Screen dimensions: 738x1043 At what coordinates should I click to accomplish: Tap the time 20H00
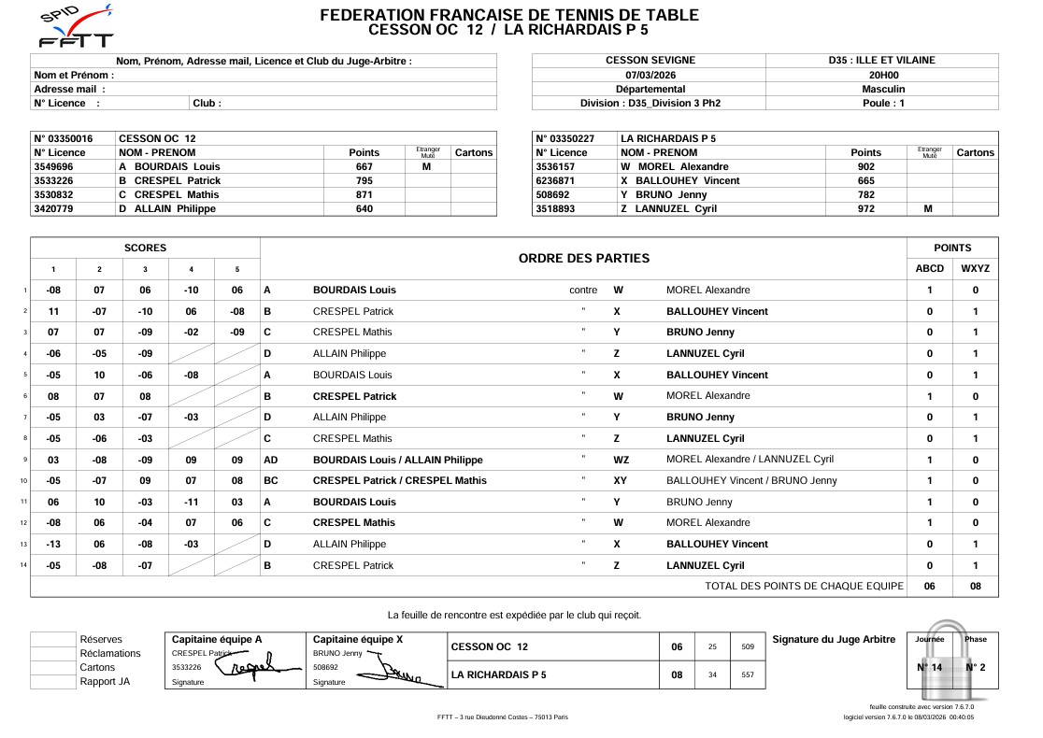[x=882, y=75]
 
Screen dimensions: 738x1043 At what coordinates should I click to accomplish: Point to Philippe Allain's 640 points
[x=364, y=208]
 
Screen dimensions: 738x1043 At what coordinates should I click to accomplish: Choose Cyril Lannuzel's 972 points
[x=865, y=208]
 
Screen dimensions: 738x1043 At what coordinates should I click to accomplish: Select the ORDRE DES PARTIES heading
[x=583, y=258]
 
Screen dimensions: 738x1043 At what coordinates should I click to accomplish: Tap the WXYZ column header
[x=975, y=268]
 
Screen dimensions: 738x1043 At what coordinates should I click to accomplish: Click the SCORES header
[x=145, y=248]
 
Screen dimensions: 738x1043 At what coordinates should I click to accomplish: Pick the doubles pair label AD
[x=271, y=460]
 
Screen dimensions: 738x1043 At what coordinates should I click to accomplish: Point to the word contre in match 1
[x=583, y=291]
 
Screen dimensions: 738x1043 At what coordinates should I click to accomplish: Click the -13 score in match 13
[x=53, y=544]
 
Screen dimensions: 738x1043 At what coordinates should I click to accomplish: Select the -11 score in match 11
[x=191, y=502]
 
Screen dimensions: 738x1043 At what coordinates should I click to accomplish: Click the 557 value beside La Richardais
[x=747, y=674]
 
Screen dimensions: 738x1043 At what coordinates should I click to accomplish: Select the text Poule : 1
[x=882, y=103]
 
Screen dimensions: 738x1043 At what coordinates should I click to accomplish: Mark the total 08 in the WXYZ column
[x=975, y=586]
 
